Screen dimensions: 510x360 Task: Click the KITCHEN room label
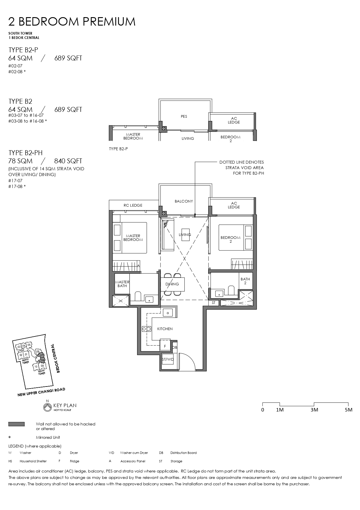point(165,329)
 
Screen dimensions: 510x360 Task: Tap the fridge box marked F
point(165,346)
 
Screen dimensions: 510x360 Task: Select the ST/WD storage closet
point(168,359)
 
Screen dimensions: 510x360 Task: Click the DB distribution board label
point(175,347)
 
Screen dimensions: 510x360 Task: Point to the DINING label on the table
point(172,284)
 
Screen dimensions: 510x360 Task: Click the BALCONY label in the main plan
point(184,201)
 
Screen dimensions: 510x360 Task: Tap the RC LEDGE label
point(133,205)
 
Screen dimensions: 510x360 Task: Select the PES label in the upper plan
point(184,116)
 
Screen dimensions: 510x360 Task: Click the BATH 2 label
point(245,281)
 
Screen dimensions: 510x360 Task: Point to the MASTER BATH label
point(122,284)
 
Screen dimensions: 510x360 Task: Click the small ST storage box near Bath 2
point(214,303)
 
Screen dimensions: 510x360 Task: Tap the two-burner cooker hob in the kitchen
point(146,329)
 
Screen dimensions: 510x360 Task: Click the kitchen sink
point(168,313)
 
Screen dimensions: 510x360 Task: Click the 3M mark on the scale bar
point(314,410)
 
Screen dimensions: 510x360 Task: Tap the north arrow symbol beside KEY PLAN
point(46,407)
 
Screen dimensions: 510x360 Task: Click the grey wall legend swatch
point(17,424)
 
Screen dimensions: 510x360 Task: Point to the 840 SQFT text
point(68,161)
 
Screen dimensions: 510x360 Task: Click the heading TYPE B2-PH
point(26,153)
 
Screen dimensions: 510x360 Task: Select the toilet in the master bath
point(138,297)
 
